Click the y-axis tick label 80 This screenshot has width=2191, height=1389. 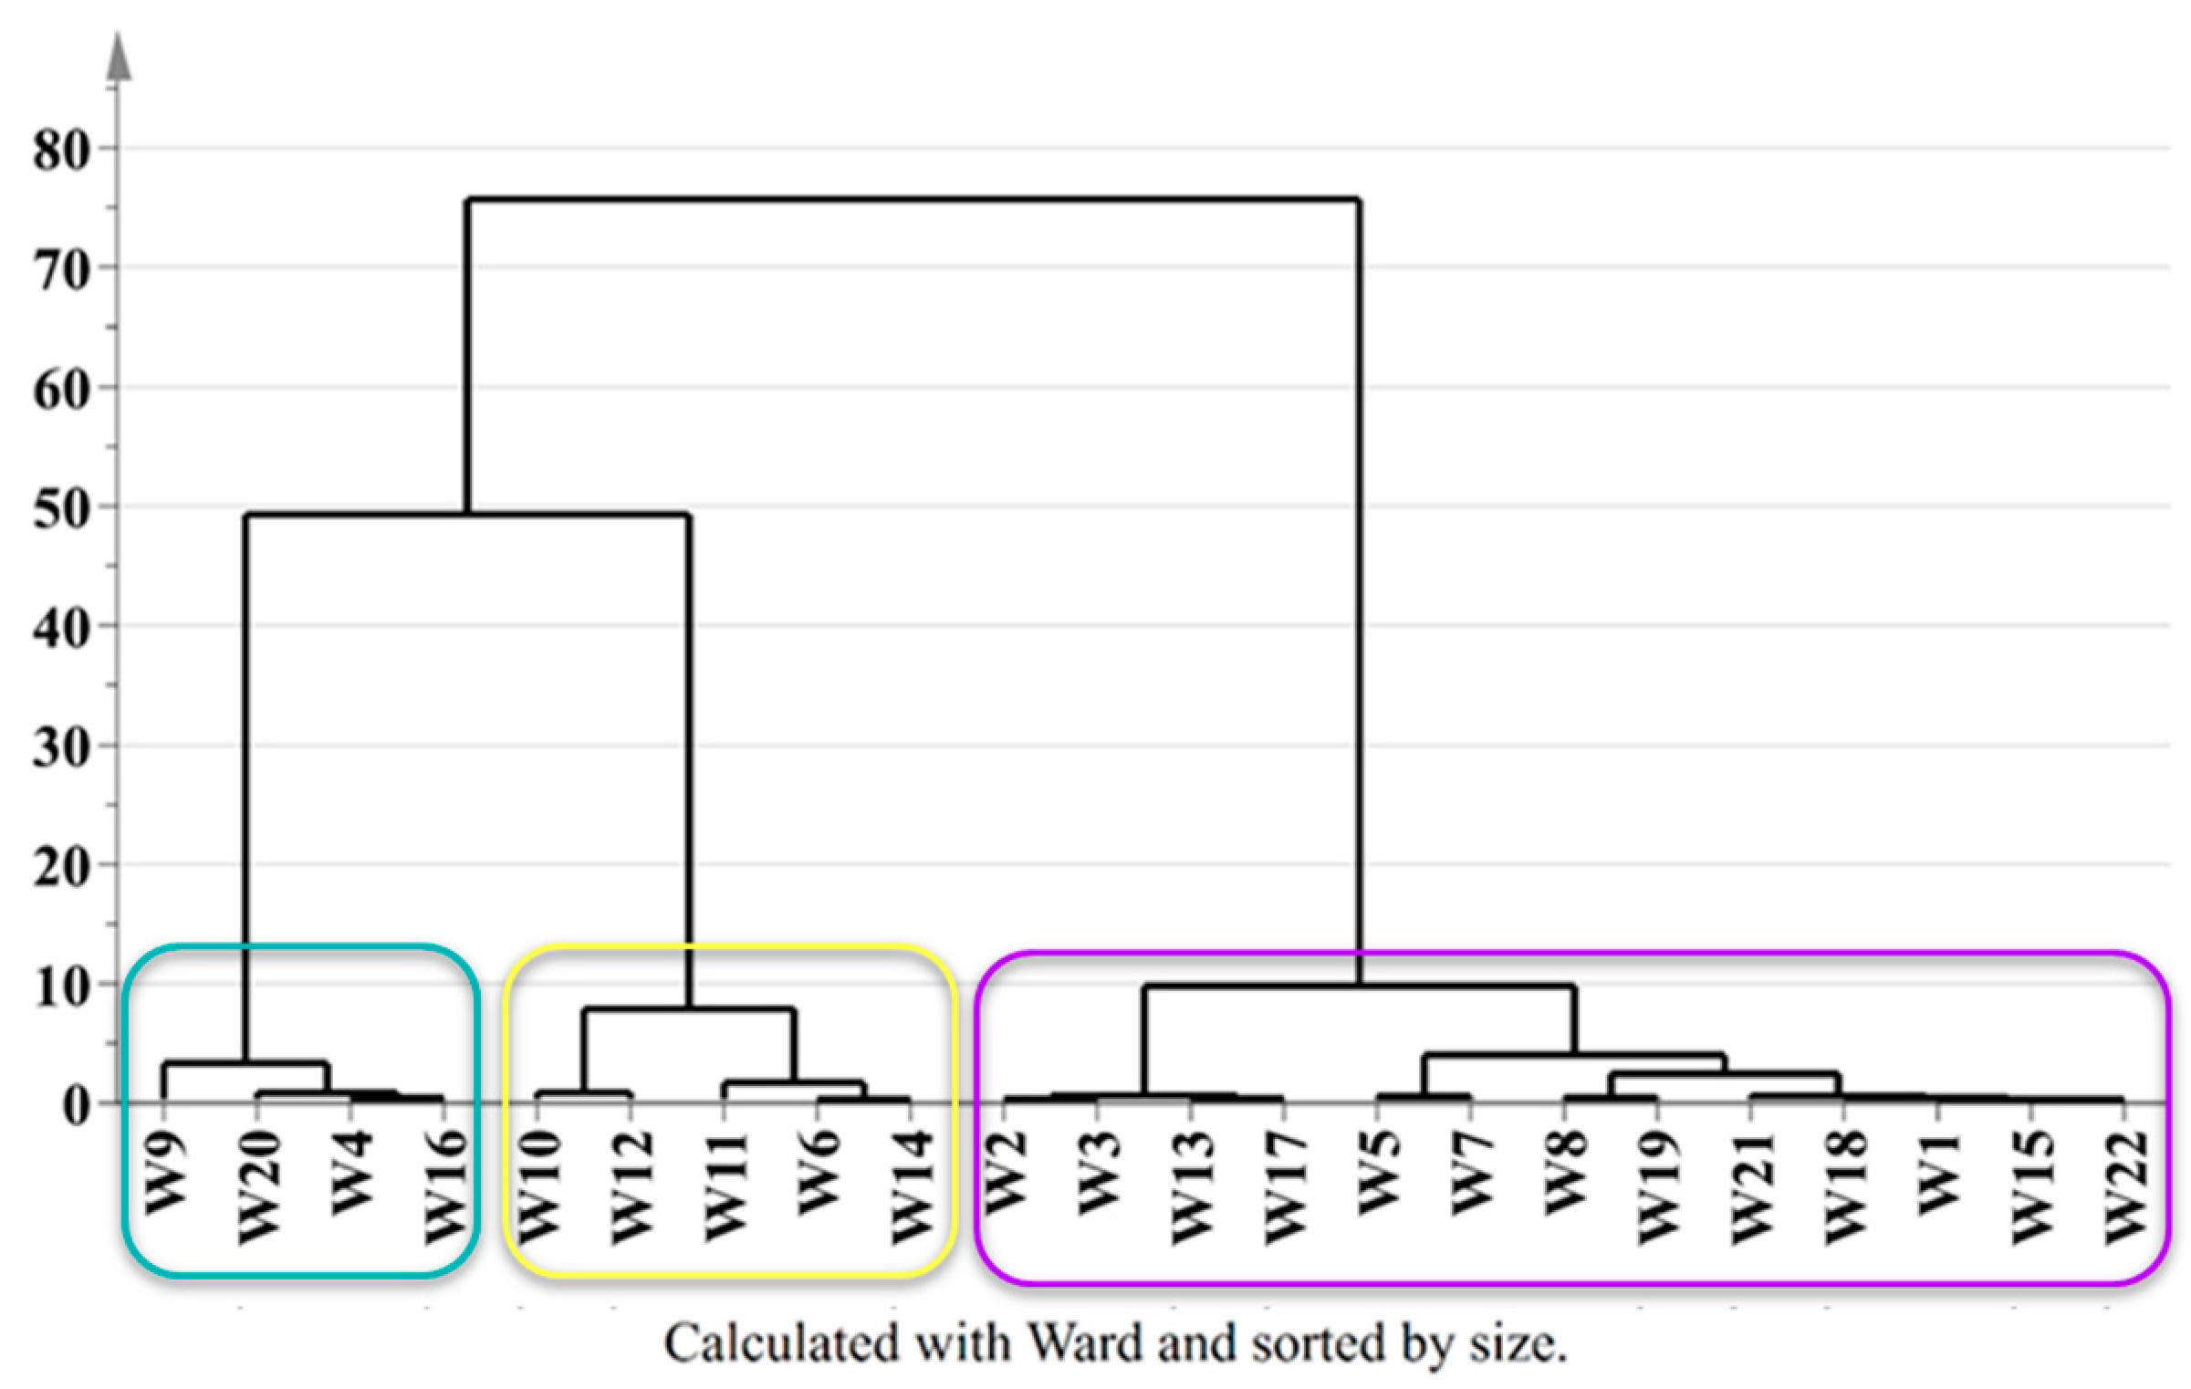(x=61, y=150)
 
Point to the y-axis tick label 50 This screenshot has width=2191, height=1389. (x=61, y=508)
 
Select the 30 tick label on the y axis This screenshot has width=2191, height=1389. (x=61, y=747)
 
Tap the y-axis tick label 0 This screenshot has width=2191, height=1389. (x=77, y=1105)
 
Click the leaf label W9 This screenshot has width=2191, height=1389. (x=165, y=1173)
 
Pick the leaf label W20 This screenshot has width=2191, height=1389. (x=258, y=1186)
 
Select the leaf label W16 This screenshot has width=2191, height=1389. (x=445, y=1186)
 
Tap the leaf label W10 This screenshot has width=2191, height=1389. (x=538, y=1186)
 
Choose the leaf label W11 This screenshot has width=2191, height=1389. (x=725, y=1186)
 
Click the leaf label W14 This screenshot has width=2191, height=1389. (x=912, y=1186)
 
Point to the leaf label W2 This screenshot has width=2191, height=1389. (x=1005, y=1173)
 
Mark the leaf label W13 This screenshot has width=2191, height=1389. (x=1192, y=1186)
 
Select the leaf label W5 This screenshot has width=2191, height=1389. (x=1378, y=1173)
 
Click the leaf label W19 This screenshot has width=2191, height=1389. (x=1658, y=1186)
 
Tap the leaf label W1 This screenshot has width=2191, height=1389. (x=1938, y=1173)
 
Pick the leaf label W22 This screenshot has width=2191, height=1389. (x=2124, y=1186)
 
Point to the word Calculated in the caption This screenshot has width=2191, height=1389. (x=780, y=1344)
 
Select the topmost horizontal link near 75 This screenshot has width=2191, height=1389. (x=913, y=199)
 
